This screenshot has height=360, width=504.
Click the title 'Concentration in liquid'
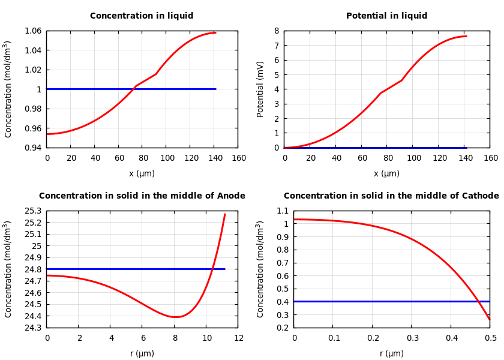142,16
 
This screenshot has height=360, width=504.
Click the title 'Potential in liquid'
386,16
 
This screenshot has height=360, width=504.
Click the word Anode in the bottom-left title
231,196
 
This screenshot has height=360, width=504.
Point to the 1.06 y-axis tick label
32,31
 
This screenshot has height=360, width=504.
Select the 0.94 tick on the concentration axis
32,148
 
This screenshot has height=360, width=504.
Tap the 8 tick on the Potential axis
277,31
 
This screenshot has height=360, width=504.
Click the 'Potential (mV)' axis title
260,89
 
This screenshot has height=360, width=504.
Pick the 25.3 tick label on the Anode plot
32,211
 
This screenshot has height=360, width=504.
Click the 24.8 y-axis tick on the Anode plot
32,269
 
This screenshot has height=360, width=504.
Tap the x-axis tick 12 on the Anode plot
238,338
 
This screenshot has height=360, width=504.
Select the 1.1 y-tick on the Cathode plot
282,211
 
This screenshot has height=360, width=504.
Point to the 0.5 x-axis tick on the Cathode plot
490,338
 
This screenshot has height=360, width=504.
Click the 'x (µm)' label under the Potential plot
386,173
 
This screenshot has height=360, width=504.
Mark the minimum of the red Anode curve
175,317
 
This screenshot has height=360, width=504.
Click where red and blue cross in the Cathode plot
478,301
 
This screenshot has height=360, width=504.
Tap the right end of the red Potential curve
466,36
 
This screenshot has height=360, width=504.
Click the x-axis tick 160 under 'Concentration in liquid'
238,158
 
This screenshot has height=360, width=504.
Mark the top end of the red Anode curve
225,214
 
